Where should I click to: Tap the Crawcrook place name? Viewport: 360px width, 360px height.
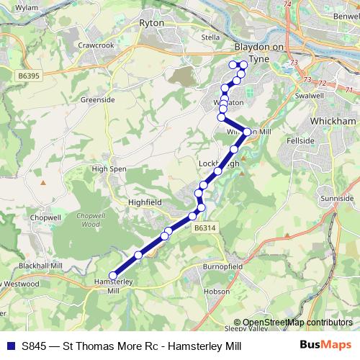click(x=97, y=45)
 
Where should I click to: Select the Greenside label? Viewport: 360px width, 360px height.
click(x=97, y=99)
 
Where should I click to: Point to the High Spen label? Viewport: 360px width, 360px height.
click(x=109, y=168)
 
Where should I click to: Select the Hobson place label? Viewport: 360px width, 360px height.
click(x=216, y=292)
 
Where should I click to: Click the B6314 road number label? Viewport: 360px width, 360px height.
click(x=204, y=228)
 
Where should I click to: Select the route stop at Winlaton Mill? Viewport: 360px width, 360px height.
click(x=247, y=132)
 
